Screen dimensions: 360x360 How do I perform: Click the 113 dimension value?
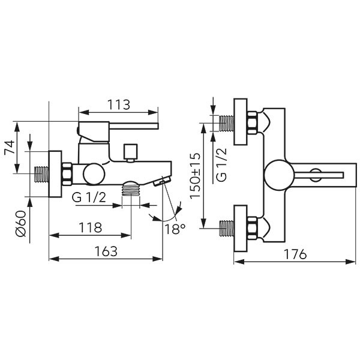point(119,104)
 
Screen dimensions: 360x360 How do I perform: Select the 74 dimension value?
point(10,148)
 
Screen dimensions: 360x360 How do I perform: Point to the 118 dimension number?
point(90,227)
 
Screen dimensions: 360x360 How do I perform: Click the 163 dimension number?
point(106,251)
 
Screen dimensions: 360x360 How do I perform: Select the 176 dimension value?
point(295,254)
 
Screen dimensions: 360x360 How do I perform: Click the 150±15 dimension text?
point(195,175)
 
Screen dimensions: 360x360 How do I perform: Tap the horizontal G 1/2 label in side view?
point(89,197)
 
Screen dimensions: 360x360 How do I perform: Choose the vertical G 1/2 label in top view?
point(221,164)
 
